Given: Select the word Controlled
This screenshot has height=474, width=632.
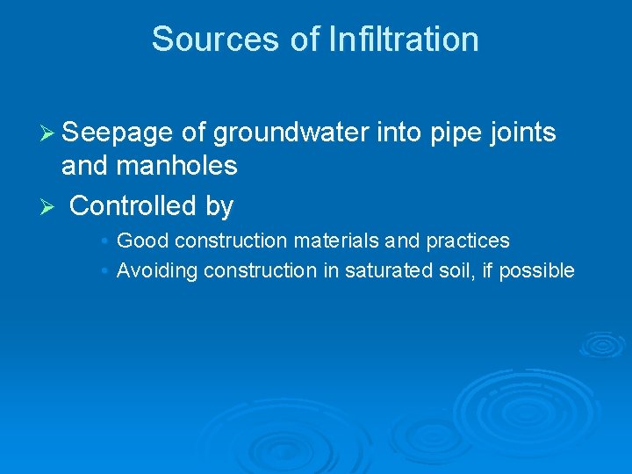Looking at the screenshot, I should pyautogui.click(x=133, y=206).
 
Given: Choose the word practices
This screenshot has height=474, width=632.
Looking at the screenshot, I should pyautogui.click(x=467, y=241).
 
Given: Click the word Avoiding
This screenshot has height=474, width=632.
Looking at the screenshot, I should pyautogui.click(x=157, y=270).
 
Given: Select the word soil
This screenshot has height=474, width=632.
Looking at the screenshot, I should pyautogui.click(x=460, y=270).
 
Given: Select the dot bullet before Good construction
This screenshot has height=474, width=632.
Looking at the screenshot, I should pyautogui.click(x=104, y=241).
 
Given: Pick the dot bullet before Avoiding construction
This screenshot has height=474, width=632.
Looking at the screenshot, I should pyautogui.click(x=104, y=270).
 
